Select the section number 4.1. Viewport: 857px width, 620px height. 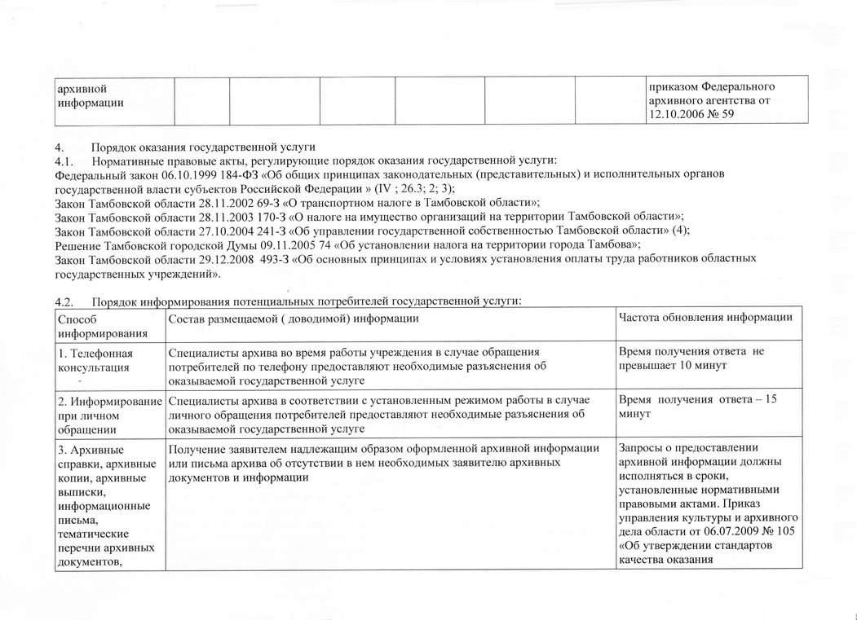click(x=64, y=160)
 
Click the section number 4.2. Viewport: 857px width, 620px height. click(x=64, y=302)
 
